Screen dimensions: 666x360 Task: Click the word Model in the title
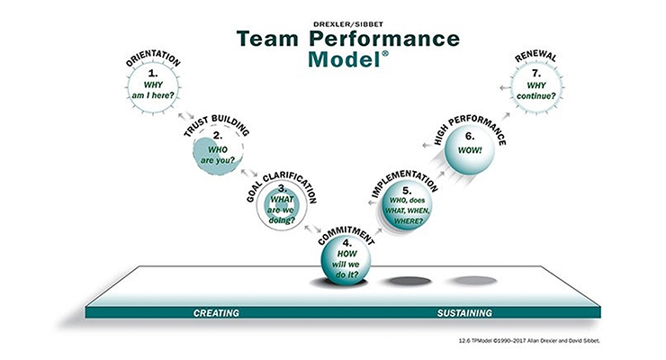[344, 59]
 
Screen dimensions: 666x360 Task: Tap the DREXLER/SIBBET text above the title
[348, 24]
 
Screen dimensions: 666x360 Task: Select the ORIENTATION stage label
[153, 58]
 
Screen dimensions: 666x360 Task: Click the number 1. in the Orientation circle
[153, 73]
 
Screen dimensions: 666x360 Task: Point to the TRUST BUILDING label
[216, 125]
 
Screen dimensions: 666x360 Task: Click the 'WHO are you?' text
[218, 155]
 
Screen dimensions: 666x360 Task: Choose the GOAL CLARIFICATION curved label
[282, 187]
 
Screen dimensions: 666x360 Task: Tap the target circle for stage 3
[282, 205]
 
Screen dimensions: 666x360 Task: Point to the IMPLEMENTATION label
[404, 183]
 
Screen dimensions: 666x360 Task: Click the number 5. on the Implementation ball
[407, 191]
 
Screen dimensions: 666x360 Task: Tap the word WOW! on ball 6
[470, 150]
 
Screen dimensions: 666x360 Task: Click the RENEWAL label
[535, 57]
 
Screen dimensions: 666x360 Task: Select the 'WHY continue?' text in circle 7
[536, 91]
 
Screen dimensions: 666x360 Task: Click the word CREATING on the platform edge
[216, 313]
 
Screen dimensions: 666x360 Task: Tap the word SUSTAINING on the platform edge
[464, 313]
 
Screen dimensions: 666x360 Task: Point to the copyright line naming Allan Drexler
[529, 340]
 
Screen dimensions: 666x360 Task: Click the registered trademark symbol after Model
[385, 53]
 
